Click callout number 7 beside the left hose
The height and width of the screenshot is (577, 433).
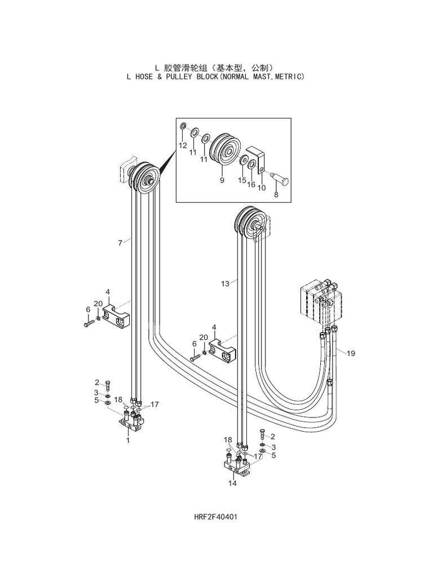click(x=120, y=243)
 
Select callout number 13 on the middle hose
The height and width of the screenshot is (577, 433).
click(x=226, y=284)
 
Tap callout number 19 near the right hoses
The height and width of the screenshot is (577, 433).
click(x=351, y=353)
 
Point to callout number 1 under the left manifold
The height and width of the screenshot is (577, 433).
click(x=128, y=440)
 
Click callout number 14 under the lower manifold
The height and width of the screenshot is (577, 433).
click(x=232, y=483)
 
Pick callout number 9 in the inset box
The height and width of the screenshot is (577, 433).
click(x=222, y=180)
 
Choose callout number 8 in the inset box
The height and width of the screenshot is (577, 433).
click(x=276, y=195)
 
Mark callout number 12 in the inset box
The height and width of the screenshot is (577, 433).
click(x=183, y=145)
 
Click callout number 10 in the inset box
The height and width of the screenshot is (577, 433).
click(x=261, y=188)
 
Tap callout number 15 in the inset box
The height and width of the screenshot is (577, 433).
click(x=242, y=180)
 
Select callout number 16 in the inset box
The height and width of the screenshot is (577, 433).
click(x=251, y=184)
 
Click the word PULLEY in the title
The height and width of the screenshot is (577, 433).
click(x=190, y=76)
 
